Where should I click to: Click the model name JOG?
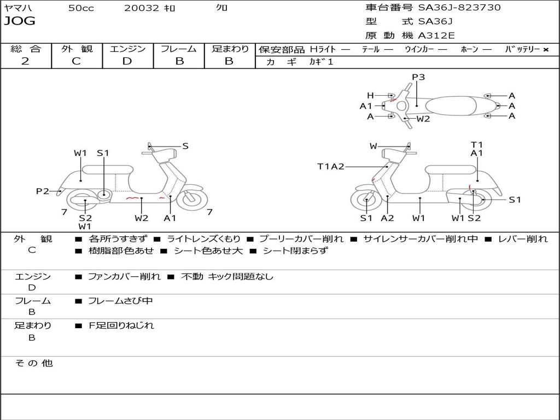[x=19, y=21]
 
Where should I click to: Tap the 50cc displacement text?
[x=81, y=8]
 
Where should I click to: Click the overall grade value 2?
[x=25, y=61]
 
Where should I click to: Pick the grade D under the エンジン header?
[x=127, y=61]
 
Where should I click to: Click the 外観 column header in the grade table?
[x=77, y=49]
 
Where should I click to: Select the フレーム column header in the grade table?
[x=179, y=49]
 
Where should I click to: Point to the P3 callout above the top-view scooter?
[x=418, y=77]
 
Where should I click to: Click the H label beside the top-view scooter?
[x=370, y=96]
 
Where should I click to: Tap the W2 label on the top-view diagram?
[x=423, y=119]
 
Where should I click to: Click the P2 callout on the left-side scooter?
[x=43, y=191]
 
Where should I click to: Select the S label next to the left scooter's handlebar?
[x=185, y=146]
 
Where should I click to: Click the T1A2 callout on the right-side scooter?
[x=331, y=167]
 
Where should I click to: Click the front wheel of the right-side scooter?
[x=366, y=201]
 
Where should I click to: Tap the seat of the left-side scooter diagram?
[x=108, y=170]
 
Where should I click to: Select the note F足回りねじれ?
[x=121, y=325]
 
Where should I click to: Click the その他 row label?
[x=33, y=363]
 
